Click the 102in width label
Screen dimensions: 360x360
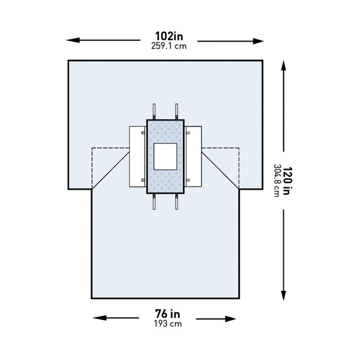coord(169,36)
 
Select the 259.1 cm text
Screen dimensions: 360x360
coord(169,46)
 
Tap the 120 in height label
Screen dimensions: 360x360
coord(287,181)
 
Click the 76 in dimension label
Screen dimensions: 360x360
coord(167,314)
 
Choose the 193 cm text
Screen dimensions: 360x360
coord(168,324)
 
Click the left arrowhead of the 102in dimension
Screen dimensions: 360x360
coord(73,40)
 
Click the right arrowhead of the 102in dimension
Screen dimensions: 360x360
coord(258,41)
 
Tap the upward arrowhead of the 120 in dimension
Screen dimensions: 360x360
coord(284,66)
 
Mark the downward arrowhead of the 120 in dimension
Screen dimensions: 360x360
coord(284,295)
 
